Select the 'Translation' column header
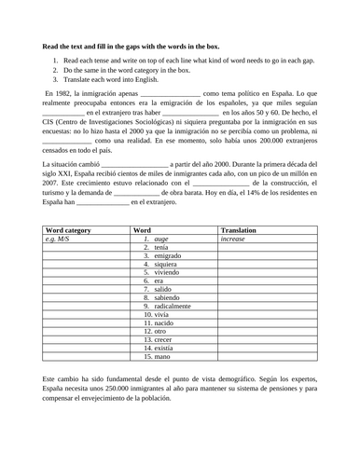pos(239,229)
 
